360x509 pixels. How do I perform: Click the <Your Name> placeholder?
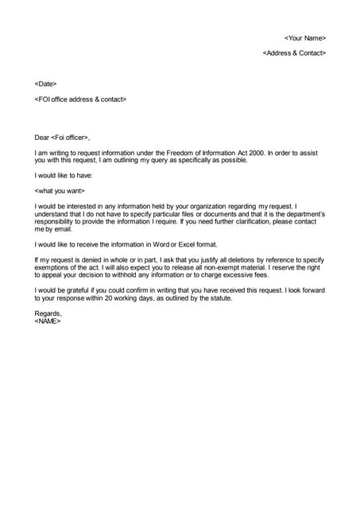[305, 37]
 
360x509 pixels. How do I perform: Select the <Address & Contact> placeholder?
[294, 52]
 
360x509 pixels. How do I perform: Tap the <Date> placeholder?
[45, 84]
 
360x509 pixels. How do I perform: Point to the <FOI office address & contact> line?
[80, 99]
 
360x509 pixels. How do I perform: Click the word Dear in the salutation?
[42, 138]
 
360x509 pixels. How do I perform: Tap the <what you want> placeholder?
[60, 191]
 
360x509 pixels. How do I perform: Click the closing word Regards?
[48, 313]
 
